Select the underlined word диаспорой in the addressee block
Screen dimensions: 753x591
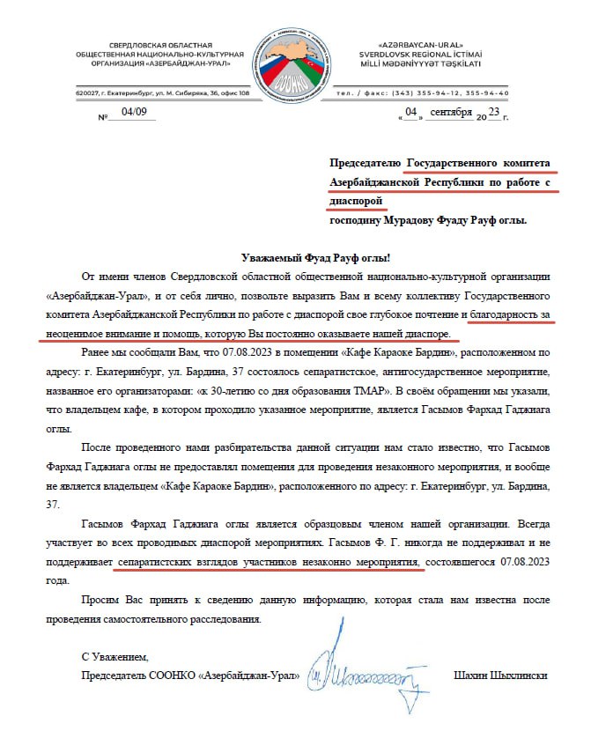pos(358,200)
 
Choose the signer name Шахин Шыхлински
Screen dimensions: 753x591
pos(499,676)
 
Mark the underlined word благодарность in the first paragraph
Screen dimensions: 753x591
pos(511,314)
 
